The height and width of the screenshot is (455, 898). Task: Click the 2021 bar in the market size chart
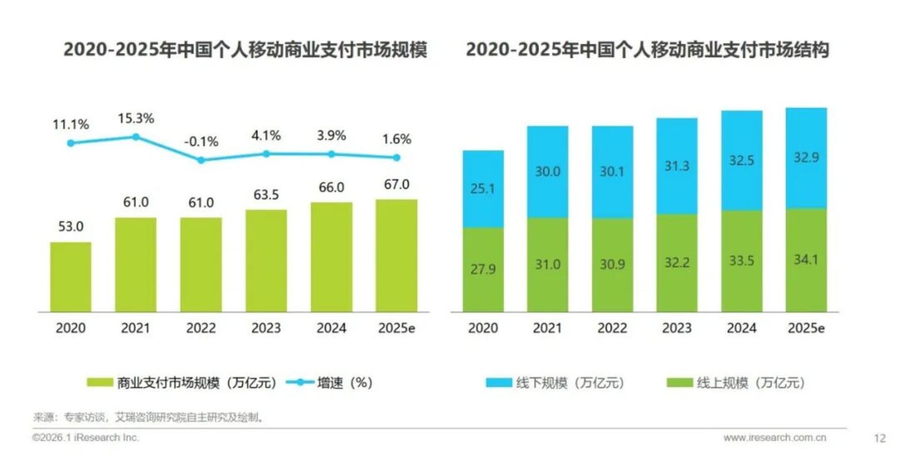(135, 265)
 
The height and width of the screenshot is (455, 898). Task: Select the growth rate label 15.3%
(136, 118)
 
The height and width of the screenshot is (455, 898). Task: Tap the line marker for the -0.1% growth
(201, 160)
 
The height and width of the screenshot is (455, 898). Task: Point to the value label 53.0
(71, 227)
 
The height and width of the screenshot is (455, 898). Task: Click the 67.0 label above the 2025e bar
(396, 184)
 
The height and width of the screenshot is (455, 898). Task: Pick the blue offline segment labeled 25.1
(482, 189)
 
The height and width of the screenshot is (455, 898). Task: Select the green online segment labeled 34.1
(806, 260)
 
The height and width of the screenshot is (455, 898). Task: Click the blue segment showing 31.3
(676, 166)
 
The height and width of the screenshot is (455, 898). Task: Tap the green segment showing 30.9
(612, 265)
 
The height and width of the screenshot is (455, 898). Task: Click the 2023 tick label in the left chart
(266, 328)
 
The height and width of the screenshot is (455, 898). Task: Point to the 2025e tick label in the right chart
(806, 328)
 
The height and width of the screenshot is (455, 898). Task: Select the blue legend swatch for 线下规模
(499, 383)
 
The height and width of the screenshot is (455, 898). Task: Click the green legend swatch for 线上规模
(680, 383)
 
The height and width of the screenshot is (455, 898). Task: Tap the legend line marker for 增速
(300, 383)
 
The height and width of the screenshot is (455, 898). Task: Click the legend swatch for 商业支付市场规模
(100, 383)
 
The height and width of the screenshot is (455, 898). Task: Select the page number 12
(879, 439)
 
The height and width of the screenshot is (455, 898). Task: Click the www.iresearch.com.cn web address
(775, 438)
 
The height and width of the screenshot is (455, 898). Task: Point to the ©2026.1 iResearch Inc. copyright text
(85, 438)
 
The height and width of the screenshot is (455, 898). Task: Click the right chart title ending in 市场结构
(647, 50)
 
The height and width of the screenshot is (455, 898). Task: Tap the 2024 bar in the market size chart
(331, 257)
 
